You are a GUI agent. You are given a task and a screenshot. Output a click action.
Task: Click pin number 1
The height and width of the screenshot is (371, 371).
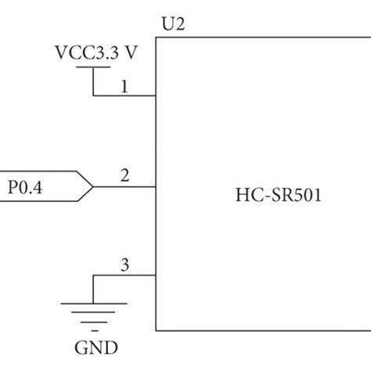point(124,87)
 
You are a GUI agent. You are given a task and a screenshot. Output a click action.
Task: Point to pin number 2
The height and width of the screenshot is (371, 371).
point(124,176)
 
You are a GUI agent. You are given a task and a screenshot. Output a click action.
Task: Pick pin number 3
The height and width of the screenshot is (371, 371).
point(124,265)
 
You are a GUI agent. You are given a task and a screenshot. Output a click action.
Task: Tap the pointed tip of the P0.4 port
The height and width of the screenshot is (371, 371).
point(93,186)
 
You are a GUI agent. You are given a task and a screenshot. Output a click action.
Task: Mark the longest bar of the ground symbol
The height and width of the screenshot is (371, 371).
point(93,304)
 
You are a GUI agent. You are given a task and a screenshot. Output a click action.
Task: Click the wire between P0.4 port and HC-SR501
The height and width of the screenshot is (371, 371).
point(125,186)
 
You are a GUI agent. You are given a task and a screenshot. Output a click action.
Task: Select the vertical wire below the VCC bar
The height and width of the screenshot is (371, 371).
point(93,81)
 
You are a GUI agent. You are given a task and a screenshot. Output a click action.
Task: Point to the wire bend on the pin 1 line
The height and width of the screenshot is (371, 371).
point(93,96)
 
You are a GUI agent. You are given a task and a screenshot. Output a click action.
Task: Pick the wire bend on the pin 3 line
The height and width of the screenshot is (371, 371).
point(93,276)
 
